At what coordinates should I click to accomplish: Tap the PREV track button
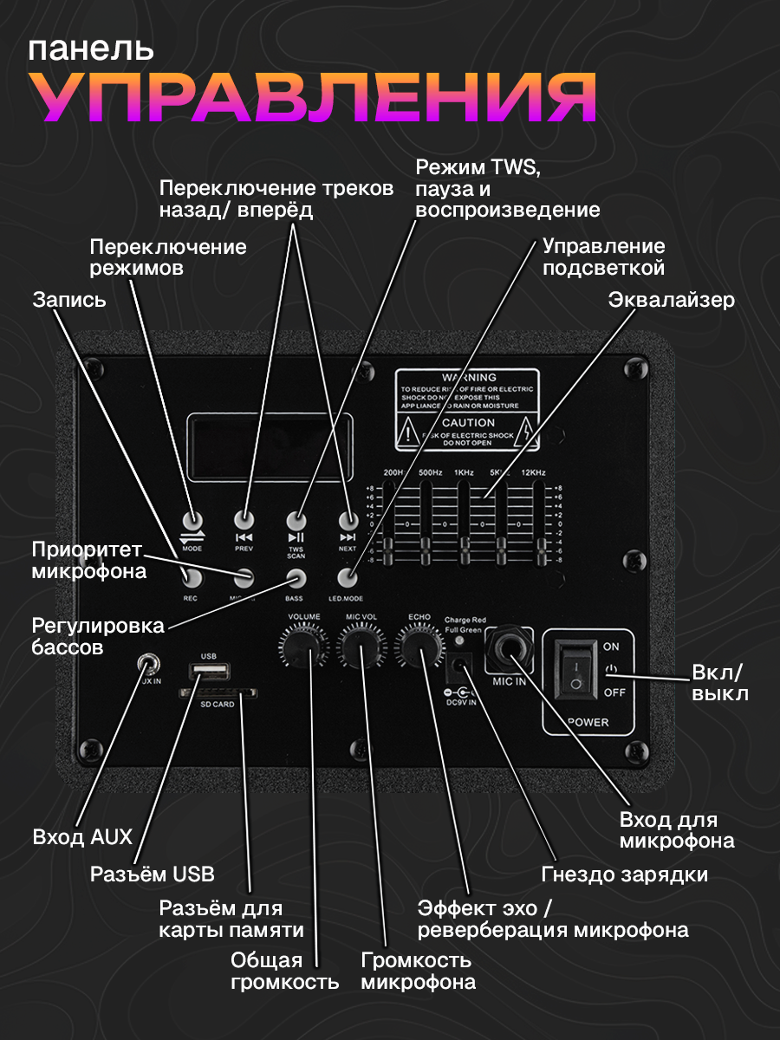point(244,520)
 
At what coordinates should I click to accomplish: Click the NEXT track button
point(348,520)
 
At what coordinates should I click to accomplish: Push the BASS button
point(296,577)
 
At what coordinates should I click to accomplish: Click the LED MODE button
point(348,577)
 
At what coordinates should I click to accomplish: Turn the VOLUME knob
point(304,645)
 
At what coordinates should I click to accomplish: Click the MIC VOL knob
point(361,645)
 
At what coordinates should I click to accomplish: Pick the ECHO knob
point(419,645)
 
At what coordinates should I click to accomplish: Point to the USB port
point(209,671)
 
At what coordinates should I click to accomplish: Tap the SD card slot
point(218,692)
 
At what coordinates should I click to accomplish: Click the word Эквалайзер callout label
point(671,300)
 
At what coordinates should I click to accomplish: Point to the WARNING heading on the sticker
point(468,378)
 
